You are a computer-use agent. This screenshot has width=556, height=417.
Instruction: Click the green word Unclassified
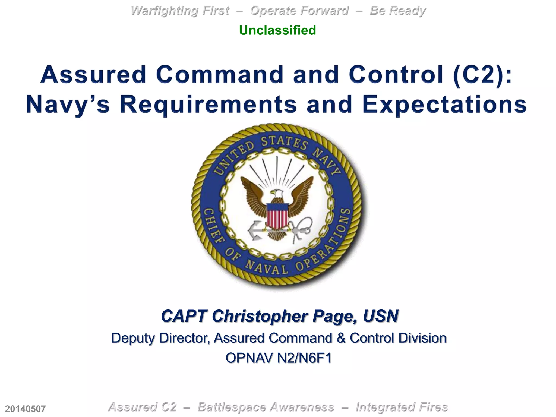[277, 30]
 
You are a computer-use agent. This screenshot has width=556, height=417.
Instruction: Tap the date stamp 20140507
[25, 409]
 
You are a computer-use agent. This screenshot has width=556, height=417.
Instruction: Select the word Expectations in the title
[444, 105]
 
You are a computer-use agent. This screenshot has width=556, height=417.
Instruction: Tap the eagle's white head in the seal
[277, 194]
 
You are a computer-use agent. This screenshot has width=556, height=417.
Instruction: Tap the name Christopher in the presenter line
[260, 316]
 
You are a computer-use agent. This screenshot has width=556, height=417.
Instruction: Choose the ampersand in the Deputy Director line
[341, 338]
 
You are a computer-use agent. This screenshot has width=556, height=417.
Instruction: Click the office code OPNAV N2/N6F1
[279, 358]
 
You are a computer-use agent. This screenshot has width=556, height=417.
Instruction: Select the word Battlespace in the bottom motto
[266, 407]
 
